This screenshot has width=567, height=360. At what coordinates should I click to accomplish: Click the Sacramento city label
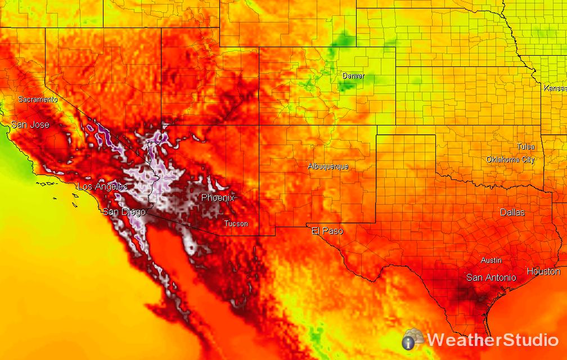[x=38, y=100]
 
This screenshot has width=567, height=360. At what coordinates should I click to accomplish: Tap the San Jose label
[x=30, y=125]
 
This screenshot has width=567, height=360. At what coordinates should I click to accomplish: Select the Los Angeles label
[x=102, y=187]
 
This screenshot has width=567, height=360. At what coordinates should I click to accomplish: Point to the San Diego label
[x=124, y=212]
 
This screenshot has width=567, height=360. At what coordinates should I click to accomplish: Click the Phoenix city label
[x=218, y=198]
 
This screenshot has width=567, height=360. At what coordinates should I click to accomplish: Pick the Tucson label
[x=236, y=224]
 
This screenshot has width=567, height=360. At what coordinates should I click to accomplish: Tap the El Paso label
[x=327, y=231]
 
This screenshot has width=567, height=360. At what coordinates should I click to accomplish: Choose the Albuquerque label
[x=328, y=166]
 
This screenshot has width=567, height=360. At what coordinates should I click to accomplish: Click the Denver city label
[x=353, y=76]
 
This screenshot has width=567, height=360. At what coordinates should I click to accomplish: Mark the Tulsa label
[x=525, y=147]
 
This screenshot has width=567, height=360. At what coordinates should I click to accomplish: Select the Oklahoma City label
[x=510, y=160]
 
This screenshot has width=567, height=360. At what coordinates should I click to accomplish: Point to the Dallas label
[x=512, y=213]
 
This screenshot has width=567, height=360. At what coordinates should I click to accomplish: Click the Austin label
[x=491, y=260]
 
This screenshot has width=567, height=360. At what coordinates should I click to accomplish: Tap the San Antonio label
[x=491, y=278]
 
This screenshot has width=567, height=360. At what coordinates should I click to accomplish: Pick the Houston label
[x=543, y=272]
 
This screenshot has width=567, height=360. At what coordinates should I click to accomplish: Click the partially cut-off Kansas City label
[x=555, y=88]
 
